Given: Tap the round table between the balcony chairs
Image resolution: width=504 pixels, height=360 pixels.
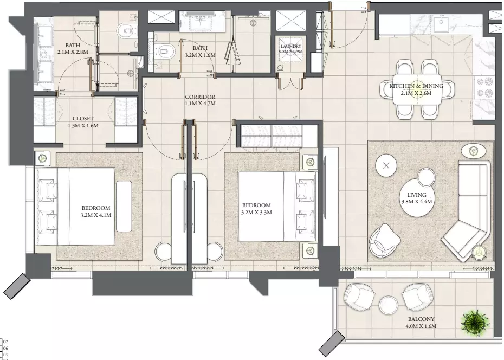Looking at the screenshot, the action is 388,305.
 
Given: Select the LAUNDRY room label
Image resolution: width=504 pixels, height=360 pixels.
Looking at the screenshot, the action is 290,46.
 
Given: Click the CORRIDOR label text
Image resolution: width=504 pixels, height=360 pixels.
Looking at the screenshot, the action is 200,97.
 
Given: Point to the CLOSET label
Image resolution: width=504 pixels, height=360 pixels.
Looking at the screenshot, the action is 83,119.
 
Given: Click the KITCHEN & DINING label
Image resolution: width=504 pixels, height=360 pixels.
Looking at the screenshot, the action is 416,86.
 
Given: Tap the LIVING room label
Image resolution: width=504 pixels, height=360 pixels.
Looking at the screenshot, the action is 417,195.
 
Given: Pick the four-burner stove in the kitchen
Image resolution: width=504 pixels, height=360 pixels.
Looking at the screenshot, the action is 484,86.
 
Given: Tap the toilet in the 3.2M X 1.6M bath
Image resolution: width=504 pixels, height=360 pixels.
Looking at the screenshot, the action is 166,51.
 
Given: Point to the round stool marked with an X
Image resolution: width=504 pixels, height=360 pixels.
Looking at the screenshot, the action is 386,165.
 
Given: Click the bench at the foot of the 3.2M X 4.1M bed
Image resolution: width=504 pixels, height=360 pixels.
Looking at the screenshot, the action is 124,207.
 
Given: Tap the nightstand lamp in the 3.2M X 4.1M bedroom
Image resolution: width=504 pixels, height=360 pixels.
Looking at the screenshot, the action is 42,158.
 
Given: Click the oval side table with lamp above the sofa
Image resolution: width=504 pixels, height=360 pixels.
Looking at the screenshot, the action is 473,150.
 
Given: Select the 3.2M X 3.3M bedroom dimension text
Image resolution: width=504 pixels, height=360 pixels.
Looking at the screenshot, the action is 256,212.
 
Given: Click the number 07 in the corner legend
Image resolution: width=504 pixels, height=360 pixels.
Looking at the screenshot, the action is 5,342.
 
